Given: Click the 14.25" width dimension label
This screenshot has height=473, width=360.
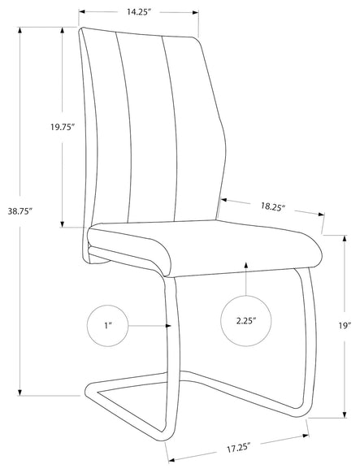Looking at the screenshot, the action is (x=139, y=12).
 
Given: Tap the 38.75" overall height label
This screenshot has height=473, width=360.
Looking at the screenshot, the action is (x=20, y=211).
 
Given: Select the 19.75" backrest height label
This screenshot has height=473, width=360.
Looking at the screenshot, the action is (x=62, y=127).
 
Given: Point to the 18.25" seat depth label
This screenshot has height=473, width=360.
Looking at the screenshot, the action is (x=273, y=206).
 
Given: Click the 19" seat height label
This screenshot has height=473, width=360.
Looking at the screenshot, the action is (x=345, y=325).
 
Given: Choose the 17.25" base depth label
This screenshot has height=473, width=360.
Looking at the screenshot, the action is (x=239, y=448).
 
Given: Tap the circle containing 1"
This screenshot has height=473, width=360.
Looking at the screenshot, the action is (x=107, y=326).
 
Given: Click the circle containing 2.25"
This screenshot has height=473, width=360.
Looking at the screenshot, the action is (x=246, y=321).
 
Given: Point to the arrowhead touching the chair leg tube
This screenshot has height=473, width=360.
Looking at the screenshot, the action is (x=168, y=326).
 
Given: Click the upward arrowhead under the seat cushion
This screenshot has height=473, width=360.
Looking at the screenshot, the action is (x=246, y=265).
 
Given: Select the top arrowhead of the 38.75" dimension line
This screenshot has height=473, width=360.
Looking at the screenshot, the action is (x=20, y=31).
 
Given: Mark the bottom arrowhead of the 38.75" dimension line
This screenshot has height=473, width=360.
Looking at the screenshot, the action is (x=20, y=392).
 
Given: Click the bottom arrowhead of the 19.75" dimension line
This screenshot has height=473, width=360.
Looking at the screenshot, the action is (x=62, y=223).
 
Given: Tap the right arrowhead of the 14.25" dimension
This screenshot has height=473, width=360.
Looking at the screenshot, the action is (x=195, y=12).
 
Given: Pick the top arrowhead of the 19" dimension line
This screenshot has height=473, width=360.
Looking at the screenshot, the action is (x=345, y=239).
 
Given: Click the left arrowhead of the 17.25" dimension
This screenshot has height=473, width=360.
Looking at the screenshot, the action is (x=171, y=460).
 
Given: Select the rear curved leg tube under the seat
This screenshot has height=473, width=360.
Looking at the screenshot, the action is (x=309, y=341).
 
